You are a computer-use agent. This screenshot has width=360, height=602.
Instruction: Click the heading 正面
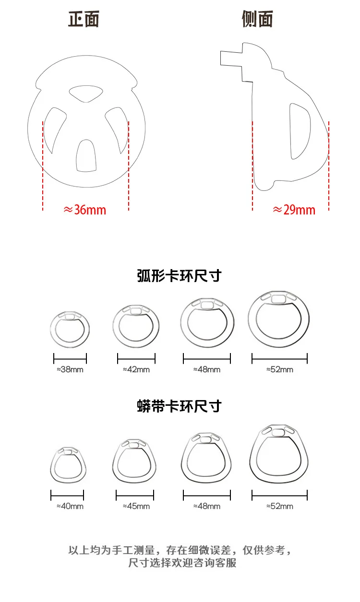tap(84, 20)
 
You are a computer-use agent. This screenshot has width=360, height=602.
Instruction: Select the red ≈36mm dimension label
tap(85, 210)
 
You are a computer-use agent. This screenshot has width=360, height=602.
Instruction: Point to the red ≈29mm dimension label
tap(294, 210)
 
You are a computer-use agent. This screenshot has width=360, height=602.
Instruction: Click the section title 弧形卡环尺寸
tap(179, 277)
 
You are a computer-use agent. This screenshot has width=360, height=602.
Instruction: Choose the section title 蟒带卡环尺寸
tap(179, 406)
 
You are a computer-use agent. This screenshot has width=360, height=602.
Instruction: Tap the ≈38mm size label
tap(70, 369)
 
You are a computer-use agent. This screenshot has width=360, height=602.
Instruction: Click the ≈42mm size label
tap(136, 369)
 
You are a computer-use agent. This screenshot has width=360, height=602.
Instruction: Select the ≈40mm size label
tap(70, 506)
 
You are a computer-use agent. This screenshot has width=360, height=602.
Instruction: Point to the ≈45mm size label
tap(136, 506)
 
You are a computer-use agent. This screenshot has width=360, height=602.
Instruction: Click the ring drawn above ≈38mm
tap(70, 329)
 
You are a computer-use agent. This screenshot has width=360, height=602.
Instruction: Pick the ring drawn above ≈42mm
tap(135, 324)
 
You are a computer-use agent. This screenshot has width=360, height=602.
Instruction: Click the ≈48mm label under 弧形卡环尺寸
tap(207, 369)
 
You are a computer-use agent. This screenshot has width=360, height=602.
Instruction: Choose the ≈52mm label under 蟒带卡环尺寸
tap(279, 506)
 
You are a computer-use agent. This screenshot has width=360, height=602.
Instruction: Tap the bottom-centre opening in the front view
tap(86, 156)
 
